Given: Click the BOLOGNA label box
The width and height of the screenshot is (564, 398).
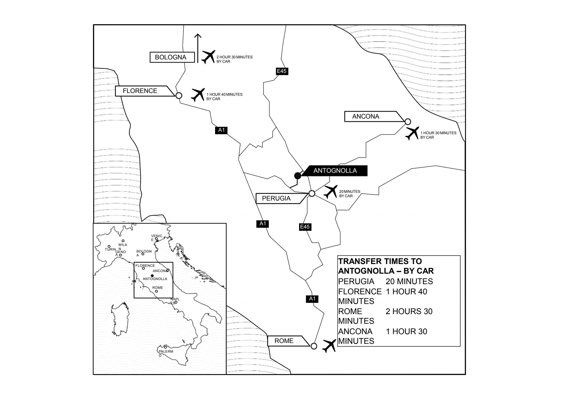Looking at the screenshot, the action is point(172,57).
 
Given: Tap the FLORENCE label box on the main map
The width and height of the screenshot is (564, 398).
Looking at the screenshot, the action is point(145,91).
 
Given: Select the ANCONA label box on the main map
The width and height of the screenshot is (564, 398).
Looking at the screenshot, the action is point(374,116).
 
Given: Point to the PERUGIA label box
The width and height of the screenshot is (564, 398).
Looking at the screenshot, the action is point(281,198).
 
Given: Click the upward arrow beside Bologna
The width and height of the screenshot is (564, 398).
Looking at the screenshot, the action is point(198,48).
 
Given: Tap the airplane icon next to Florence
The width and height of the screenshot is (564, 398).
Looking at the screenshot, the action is point(198,95).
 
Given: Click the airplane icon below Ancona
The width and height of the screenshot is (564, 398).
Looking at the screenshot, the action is point(413,133).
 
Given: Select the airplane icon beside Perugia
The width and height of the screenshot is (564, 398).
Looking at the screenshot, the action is point(330,192).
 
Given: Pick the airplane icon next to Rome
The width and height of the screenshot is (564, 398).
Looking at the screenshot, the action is point(329,346).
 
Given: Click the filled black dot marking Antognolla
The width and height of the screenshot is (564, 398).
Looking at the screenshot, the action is point(297,175).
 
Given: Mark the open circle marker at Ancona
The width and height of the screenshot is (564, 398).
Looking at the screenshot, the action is point(408,122).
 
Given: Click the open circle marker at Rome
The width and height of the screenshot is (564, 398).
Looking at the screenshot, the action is point(314,346).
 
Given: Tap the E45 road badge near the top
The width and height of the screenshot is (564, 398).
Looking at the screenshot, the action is point(281,71).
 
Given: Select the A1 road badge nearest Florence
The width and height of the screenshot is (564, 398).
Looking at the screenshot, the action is point(221,130).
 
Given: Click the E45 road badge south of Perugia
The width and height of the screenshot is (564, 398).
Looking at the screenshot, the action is point(305,227).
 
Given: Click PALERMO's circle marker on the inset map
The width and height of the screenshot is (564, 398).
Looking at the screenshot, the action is point(166,347).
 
